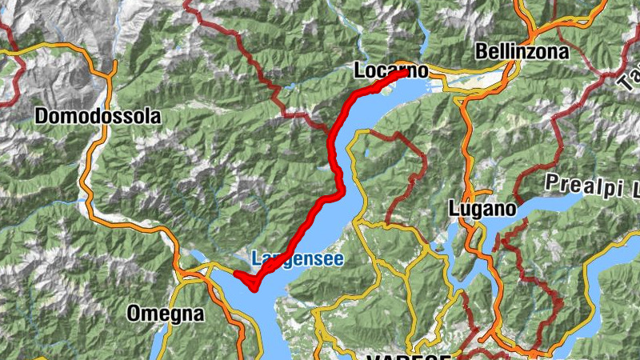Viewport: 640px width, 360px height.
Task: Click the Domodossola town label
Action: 98,116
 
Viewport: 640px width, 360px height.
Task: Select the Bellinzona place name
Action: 522,52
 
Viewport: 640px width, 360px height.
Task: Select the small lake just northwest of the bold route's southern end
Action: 195,257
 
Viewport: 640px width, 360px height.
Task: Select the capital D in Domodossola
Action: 42,116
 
